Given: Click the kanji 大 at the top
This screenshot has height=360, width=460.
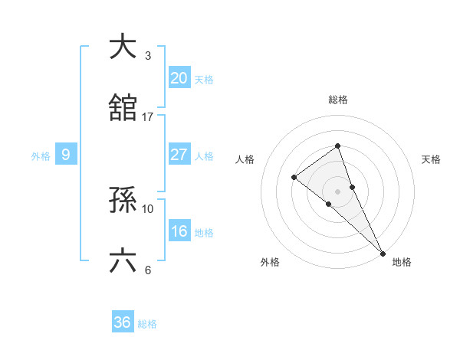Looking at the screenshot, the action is pyautogui.click(x=123, y=47).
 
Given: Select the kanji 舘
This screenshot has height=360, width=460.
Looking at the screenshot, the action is pyautogui.click(x=123, y=108).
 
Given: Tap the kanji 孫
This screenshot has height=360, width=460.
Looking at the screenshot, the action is pyautogui.click(x=123, y=200).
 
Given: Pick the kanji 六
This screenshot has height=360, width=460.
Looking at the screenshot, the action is pyautogui.click(x=123, y=261).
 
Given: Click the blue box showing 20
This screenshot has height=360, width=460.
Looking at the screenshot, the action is pyautogui.click(x=179, y=78).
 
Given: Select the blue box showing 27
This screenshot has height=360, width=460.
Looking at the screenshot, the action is pyautogui.click(x=179, y=155).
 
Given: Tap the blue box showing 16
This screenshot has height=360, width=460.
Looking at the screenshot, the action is pyautogui.click(x=179, y=231).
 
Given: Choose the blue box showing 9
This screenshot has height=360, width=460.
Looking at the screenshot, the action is pyautogui.click(x=66, y=155).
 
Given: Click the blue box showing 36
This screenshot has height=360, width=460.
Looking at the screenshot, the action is pyautogui.click(x=122, y=322).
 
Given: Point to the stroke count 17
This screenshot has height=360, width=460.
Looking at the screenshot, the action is pyautogui.click(x=148, y=117).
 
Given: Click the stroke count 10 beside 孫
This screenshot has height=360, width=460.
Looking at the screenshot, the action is pyautogui.click(x=148, y=208).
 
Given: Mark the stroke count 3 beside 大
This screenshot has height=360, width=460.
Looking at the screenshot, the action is pyautogui.click(x=148, y=56).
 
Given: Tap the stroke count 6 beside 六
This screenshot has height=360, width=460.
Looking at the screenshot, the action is pyautogui.click(x=148, y=270).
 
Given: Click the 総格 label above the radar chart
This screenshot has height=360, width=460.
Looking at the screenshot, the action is pyautogui.click(x=337, y=100).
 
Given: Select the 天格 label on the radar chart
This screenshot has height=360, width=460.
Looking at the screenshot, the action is pyautogui.click(x=432, y=159).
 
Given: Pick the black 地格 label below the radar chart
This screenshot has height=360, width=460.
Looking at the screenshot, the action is pyautogui.click(x=402, y=262).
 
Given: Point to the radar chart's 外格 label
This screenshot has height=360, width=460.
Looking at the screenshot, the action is pyautogui.click(x=270, y=262).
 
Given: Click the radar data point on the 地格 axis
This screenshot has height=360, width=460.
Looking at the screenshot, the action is pyautogui.click(x=383, y=252).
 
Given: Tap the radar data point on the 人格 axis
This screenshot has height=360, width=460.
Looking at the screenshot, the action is pyautogui.click(x=294, y=177).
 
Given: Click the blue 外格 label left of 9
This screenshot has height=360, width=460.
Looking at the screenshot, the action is pyautogui.click(x=41, y=155).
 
